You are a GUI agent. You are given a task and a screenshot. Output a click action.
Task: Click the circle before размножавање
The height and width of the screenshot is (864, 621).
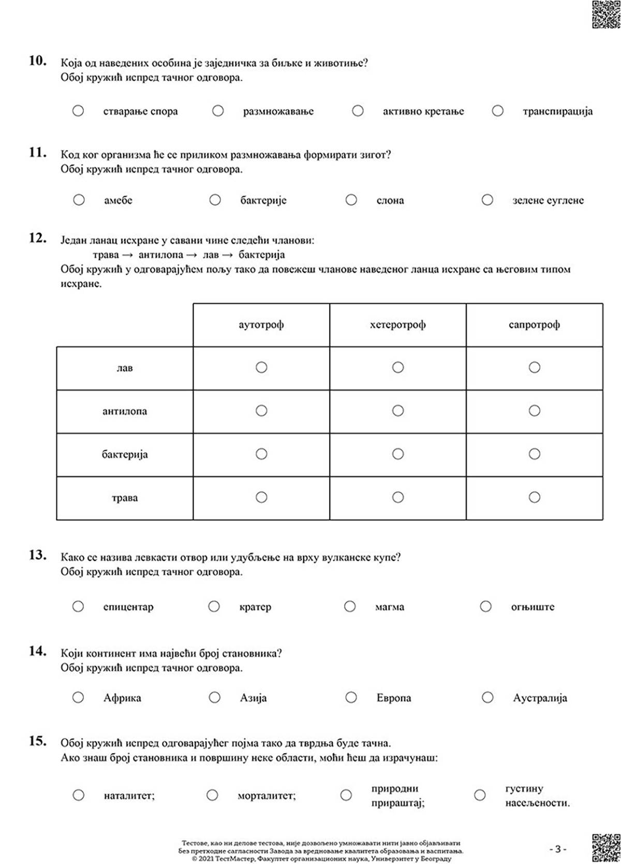pos(218,111)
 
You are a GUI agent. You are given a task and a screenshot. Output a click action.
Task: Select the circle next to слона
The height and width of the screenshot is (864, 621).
pos(351,200)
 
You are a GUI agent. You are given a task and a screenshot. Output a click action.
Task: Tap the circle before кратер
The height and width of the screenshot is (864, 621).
pos(214,606)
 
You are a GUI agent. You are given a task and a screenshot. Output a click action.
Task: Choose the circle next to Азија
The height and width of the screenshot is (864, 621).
pos(215,697)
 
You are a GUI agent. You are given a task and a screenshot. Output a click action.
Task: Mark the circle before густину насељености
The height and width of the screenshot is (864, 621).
pos(480,795)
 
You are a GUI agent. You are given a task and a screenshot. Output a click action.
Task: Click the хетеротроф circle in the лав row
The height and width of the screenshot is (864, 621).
pos(397,367)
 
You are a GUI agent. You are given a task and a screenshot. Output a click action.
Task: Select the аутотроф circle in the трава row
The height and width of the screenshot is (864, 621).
pos(261,497)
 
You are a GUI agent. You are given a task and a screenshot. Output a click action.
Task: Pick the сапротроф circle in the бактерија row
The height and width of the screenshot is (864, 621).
pos(534,454)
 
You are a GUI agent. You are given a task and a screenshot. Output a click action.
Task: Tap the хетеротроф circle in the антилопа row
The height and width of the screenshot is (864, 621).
pos(397,411)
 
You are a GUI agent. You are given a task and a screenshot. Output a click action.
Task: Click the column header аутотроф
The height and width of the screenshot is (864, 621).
pos(261,325)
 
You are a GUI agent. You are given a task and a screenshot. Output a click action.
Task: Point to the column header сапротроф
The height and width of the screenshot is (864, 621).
pos(534,325)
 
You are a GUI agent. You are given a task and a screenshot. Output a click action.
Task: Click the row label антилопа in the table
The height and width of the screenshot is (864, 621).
pos(125,411)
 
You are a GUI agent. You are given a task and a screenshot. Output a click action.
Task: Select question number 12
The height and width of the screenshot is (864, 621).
pos(38,239)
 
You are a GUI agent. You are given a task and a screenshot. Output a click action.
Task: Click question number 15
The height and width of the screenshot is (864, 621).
pos(38,741)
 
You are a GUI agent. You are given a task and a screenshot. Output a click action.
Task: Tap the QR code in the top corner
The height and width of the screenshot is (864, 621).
pos(605,14)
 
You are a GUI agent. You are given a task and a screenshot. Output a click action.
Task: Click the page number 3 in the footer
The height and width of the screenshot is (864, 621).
pos(557,849)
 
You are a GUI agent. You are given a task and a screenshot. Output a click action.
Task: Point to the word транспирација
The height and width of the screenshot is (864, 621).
pos(557,111)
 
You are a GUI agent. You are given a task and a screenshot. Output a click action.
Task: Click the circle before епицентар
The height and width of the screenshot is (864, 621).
pos(78,606)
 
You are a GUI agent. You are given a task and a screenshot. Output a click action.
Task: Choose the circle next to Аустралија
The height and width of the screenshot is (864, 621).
pos(487,697)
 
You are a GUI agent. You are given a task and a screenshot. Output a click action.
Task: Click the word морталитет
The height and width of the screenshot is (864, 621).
pos(267,796)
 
